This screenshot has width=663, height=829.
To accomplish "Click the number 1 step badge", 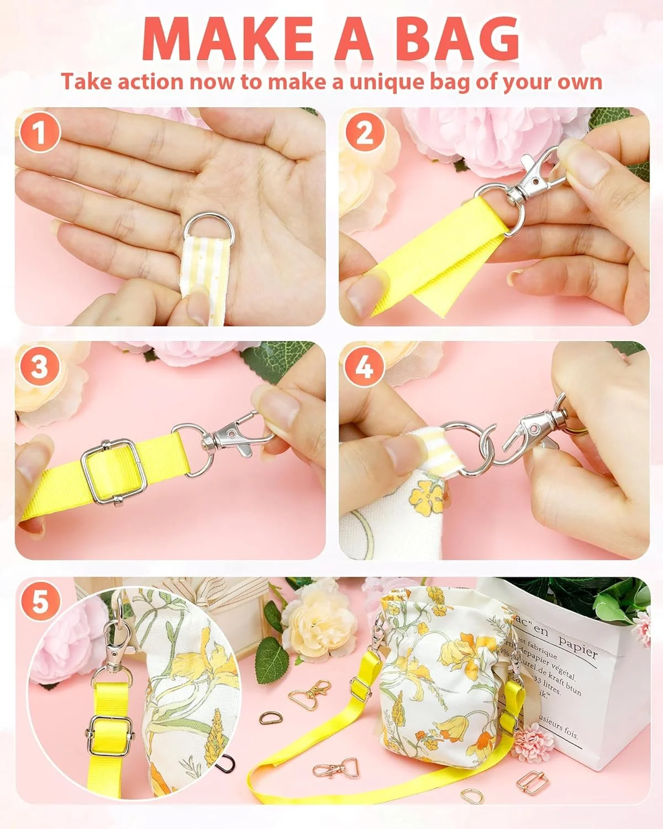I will tap(39, 134).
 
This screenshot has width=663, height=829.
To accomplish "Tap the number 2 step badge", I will tap(364, 133).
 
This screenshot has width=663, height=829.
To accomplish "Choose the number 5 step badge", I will tap(40, 601).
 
